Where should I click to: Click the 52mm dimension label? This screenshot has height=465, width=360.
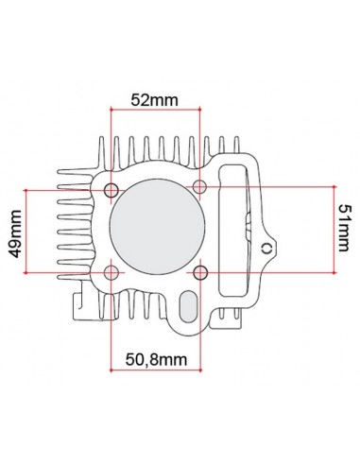click(x=156, y=98)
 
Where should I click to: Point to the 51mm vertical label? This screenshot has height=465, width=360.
click(x=346, y=228)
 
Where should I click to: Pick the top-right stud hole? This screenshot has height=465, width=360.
click(x=200, y=185)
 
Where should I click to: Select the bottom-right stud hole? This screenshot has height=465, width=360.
click(x=200, y=273)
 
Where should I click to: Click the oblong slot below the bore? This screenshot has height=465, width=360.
click(x=189, y=307)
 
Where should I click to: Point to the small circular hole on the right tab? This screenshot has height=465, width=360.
click(x=267, y=248)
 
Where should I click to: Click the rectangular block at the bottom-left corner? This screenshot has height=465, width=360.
click(x=80, y=304)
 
